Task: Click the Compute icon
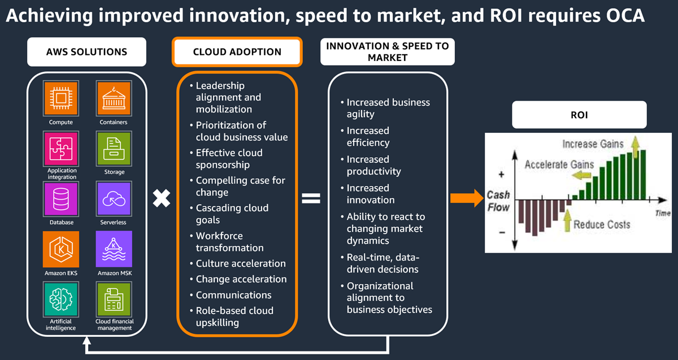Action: click(x=61, y=98)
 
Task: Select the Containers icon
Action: click(x=114, y=98)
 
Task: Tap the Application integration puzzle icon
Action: click(x=61, y=149)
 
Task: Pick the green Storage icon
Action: click(x=114, y=149)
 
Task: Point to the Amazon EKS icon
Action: click(x=61, y=249)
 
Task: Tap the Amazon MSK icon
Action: click(x=114, y=249)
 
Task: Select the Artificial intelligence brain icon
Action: click(x=61, y=299)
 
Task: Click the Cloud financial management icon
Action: click(x=114, y=299)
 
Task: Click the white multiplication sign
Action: click(x=162, y=198)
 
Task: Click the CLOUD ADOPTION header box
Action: click(x=237, y=52)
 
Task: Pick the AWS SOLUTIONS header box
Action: click(x=86, y=52)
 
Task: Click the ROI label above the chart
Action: click(x=579, y=115)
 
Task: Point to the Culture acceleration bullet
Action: click(x=241, y=263)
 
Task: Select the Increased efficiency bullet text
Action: click(x=368, y=137)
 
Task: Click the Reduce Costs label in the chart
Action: click(x=602, y=224)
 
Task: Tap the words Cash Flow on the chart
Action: click(x=498, y=201)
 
